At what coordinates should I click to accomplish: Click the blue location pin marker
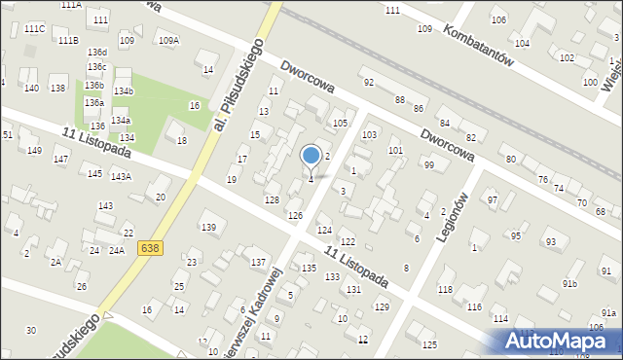pos(311,157)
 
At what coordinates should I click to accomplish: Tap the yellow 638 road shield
pos(150,248)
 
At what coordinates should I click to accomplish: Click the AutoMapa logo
pos(559,341)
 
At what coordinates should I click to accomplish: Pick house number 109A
pos(168,40)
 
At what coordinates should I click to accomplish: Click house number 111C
pos(35,29)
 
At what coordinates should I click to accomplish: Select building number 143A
pos(121,176)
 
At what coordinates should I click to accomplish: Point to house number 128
pos(273,199)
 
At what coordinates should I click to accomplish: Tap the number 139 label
pos(208,227)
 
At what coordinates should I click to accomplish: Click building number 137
pos(258,263)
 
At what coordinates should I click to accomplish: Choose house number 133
pos(332,277)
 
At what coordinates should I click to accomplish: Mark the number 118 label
pos(446,290)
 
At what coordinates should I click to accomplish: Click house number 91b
pos(569,283)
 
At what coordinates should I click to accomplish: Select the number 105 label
pos(340,124)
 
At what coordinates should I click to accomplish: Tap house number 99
pos(428,164)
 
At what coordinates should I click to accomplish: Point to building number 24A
pos(117,250)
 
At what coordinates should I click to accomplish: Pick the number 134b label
pos(124,90)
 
